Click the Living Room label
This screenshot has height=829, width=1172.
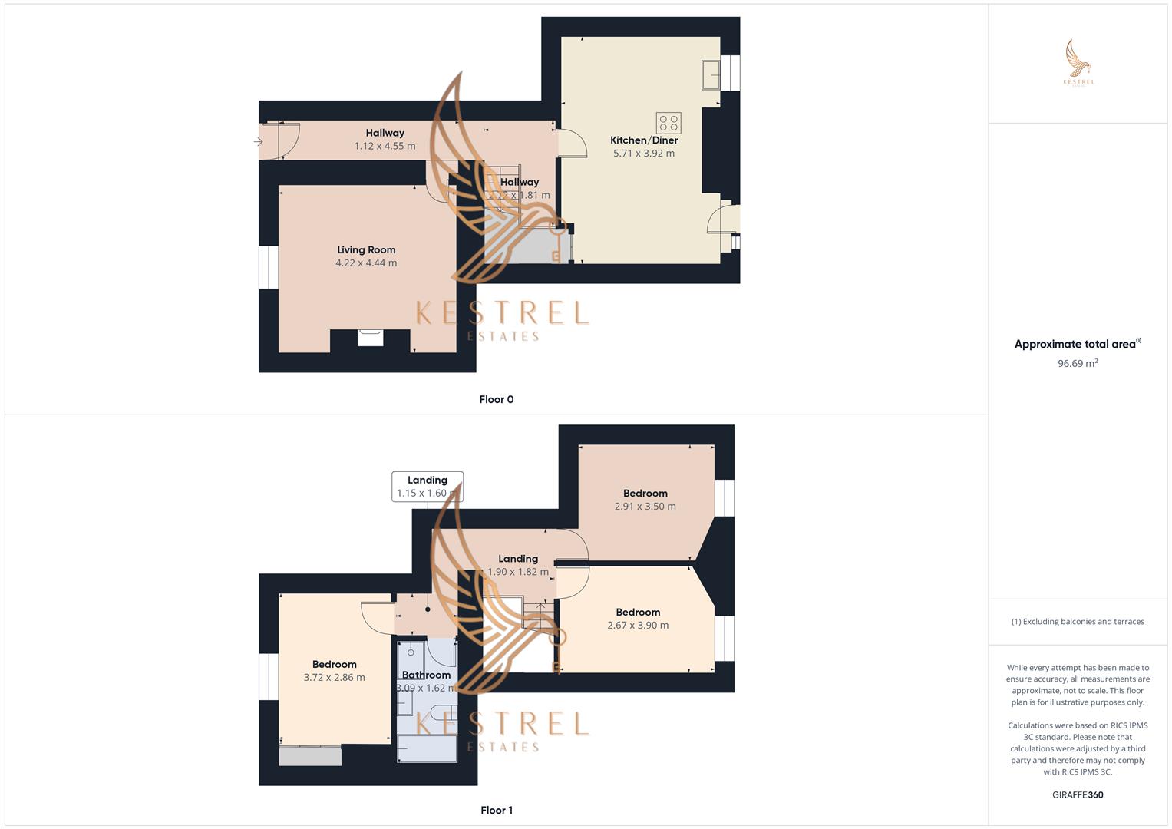(366, 249)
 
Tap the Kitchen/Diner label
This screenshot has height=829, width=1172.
(644, 140)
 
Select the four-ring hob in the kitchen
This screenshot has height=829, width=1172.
(669, 123)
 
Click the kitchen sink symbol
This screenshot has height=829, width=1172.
(711, 74)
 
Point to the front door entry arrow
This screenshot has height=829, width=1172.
(259, 142)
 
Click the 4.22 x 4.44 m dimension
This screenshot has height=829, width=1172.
(366, 263)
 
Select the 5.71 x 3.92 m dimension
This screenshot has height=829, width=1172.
(644, 154)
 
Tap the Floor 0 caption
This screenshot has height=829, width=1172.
(497, 399)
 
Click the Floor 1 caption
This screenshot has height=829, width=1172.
(497, 810)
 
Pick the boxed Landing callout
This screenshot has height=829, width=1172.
(428, 487)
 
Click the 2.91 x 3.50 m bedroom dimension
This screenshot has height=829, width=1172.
(645, 507)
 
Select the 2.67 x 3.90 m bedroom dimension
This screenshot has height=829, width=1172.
(638, 626)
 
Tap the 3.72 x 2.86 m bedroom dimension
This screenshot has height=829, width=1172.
(335, 678)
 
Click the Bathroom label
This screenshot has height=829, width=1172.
(426, 675)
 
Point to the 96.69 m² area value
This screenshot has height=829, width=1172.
(1078, 364)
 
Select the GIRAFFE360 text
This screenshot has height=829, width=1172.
(1078, 795)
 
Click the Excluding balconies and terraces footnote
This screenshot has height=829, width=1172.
(1078, 622)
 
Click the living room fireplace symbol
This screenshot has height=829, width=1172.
(371, 338)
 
